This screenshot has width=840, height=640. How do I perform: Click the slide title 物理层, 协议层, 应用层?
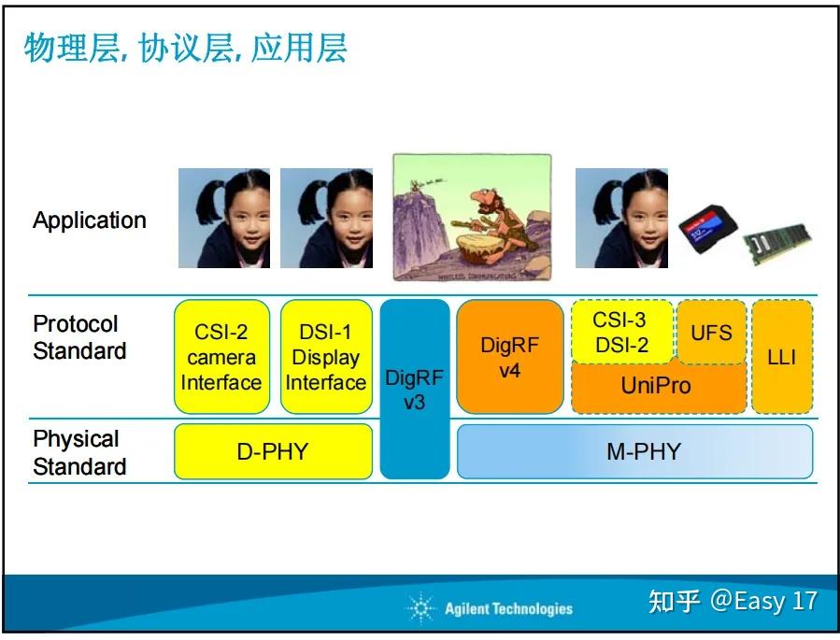click(x=185, y=49)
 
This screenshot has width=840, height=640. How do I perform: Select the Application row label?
click(x=90, y=220)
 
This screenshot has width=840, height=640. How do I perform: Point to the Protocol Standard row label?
click(x=79, y=337)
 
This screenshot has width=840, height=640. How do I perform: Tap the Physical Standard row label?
click(x=79, y=452)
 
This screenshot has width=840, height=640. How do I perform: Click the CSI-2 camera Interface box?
click(x=221, y=357)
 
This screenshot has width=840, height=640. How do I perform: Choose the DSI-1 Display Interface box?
click(x=326, y=357)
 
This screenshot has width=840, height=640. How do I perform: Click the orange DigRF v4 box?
click(x=509, y=357)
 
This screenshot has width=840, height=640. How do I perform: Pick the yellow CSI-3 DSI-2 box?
click(x=620, y=333)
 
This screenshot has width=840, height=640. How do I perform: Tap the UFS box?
click(x=711, y=333)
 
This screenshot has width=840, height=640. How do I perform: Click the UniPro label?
click(x=656, y=385)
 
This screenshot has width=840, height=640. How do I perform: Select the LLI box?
click(x=781, y=357)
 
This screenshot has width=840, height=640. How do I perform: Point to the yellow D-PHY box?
click(x=272, y=452)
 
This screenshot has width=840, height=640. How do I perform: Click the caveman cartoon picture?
click(x=472, y=217)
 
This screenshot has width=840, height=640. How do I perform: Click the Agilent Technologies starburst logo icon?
click(x=421, y=609)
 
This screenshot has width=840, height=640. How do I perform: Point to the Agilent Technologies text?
click(x=508, y=609)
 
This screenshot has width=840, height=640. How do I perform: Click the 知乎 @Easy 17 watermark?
click(x=733, y=601)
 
